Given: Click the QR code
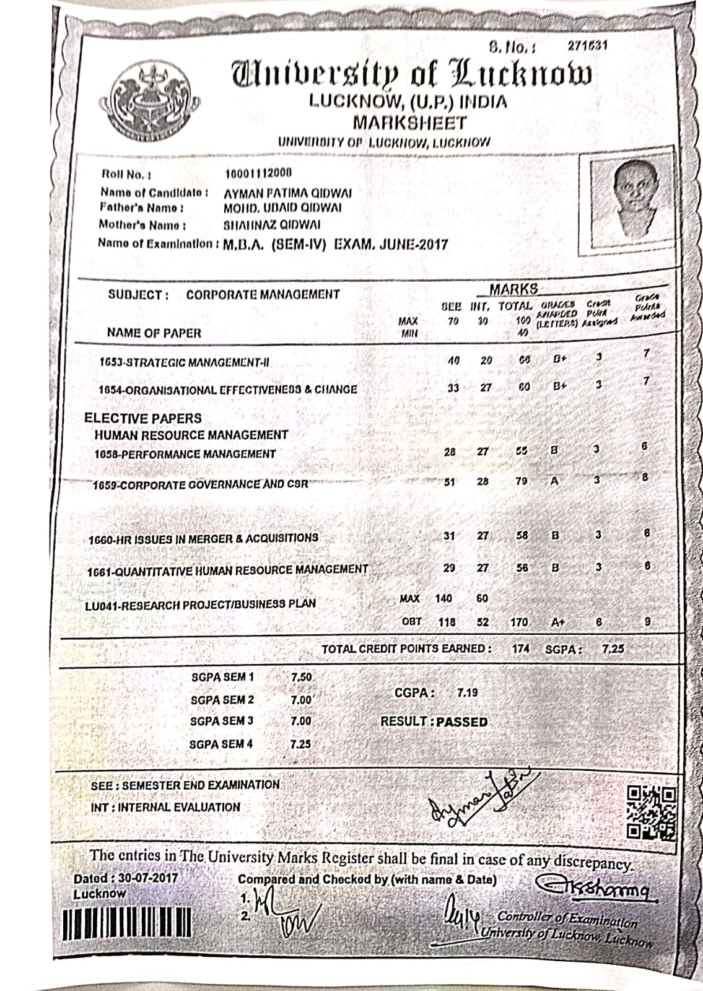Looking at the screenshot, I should pyautogui.click(x=652, y=812).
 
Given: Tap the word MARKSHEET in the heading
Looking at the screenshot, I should pyautogui.click(x=409, y=122).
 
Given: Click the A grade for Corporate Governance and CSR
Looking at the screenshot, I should pyautogui.click(x=554, y=481).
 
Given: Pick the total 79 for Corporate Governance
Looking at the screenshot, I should pyautogui.click(x=522, y=481).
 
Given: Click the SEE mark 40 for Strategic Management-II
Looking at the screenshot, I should pyautogui.click(x=453, y=360).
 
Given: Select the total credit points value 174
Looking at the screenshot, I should pyautogui.click(x=521, y=648).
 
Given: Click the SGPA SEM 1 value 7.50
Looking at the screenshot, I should pyautogui.click(x=301, y=677).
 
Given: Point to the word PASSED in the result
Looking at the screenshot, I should pyautogui.click(x=462, y=722).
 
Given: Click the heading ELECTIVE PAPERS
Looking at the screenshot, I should pyautogui.click(x=143, y=418).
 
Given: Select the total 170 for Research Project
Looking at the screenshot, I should pyautogui.click(x=519, y=622).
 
